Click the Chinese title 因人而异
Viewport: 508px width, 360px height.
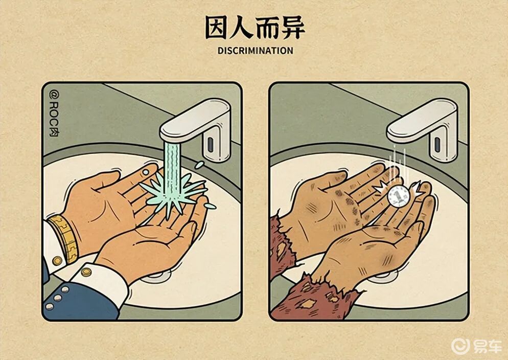click(255, 28)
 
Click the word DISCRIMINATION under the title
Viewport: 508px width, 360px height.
click(256, 51)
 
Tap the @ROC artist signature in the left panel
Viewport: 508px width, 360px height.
click(54, 114)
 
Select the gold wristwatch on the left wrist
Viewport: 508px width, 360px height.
click(64, 238)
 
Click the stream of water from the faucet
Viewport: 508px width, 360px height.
click(172, 169)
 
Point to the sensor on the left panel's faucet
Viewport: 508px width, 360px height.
click(210, 145)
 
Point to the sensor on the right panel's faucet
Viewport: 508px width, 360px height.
click(437, 145)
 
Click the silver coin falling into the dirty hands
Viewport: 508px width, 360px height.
click(399, 196)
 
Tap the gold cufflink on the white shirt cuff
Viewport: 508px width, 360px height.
click(86, 272)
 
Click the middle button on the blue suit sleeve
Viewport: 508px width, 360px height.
click(58, 298)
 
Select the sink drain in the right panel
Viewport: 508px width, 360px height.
click(384, 277)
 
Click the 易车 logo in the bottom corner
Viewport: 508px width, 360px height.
click(477, 346)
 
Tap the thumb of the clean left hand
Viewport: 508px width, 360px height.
click(104, 181)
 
